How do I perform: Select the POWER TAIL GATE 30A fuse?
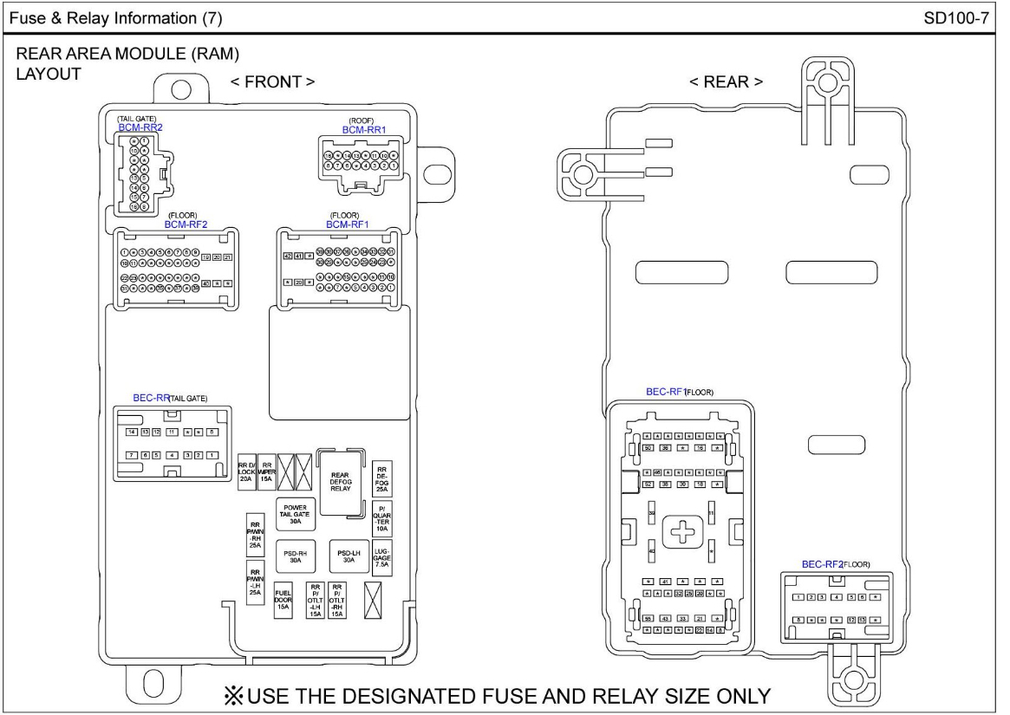click(x=295, y=514)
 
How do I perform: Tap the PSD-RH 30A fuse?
click(x=295, y=556)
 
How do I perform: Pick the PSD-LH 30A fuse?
click(x=349, y=556)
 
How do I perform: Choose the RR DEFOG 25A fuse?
click(x=381, y=478)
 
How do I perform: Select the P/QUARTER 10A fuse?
click(x=381, y=517)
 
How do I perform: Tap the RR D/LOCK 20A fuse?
click(x=246, y=471)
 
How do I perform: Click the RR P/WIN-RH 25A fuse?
click(x=256, y=535)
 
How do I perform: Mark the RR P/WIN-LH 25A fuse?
click(x=256, y=583)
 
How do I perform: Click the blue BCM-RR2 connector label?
click(x=140, y=127)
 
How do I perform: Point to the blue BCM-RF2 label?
click(x=186, y=224)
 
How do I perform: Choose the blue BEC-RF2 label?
click(x=822, y=564)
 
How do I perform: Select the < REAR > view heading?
click(x=727, y=81)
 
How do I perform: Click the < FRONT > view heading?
click(x=272, y=81)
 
